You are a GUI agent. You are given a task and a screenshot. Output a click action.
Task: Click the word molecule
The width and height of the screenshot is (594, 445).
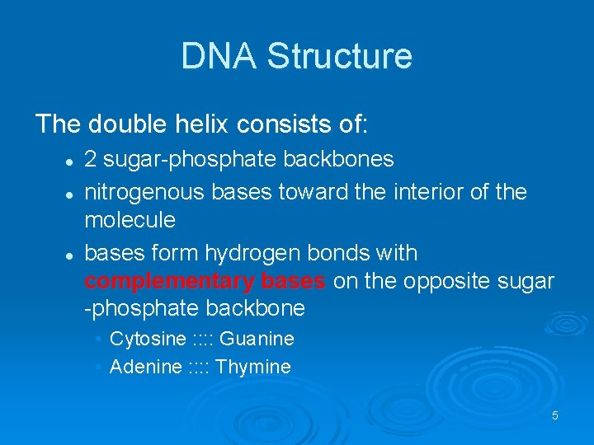[130, 220]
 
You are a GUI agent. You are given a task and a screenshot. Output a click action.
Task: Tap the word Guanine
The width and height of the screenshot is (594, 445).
[257, 339]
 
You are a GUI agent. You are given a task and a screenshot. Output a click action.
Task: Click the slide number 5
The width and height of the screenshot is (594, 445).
[555, 415]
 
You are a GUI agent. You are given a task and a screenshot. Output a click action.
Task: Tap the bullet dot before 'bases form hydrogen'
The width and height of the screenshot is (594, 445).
[72, 254]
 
